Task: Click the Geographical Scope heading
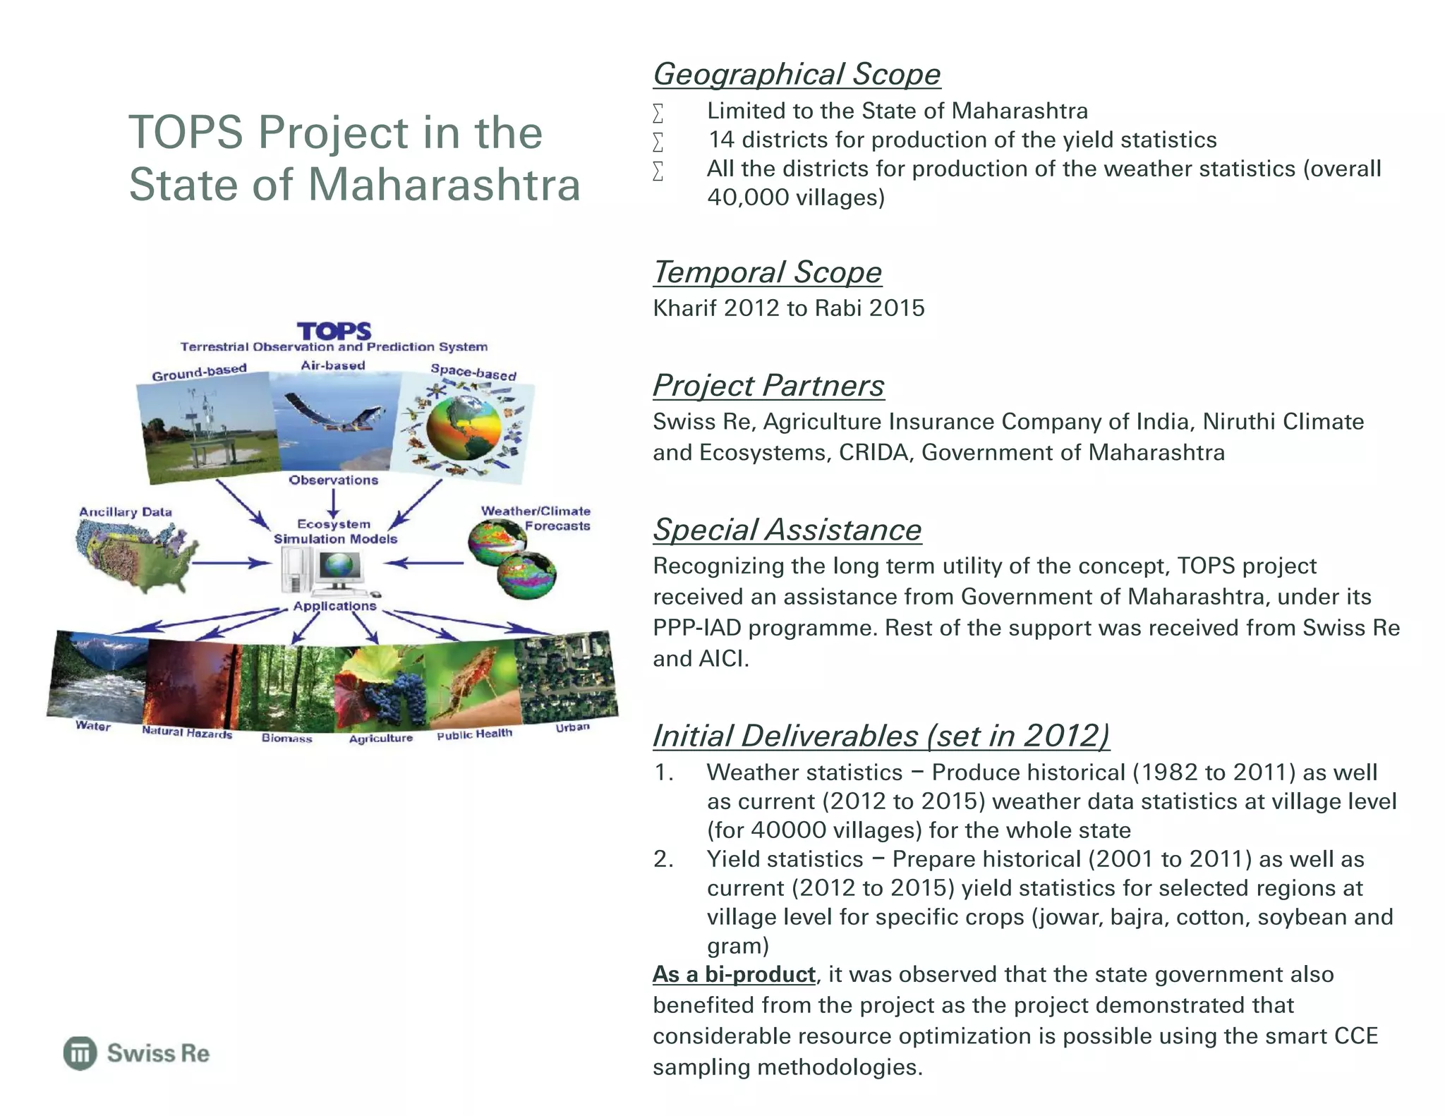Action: coord(796,74)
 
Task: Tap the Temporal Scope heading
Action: coord(767,272)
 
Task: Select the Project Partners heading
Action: coord(768,385)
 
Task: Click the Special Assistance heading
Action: coord(787,530)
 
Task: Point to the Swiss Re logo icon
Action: coord(80,1053)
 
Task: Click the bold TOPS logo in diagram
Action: coord(333,331)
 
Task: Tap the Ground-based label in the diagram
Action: coord(199,371)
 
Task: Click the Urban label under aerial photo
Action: coord(572,727)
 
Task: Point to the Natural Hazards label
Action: coord(186,732)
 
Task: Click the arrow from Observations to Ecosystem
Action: coord(333,503)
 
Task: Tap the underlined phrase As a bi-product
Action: coord(734,974)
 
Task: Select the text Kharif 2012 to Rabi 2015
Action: coord(788,308)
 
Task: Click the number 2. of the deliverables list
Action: coord(663,859)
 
